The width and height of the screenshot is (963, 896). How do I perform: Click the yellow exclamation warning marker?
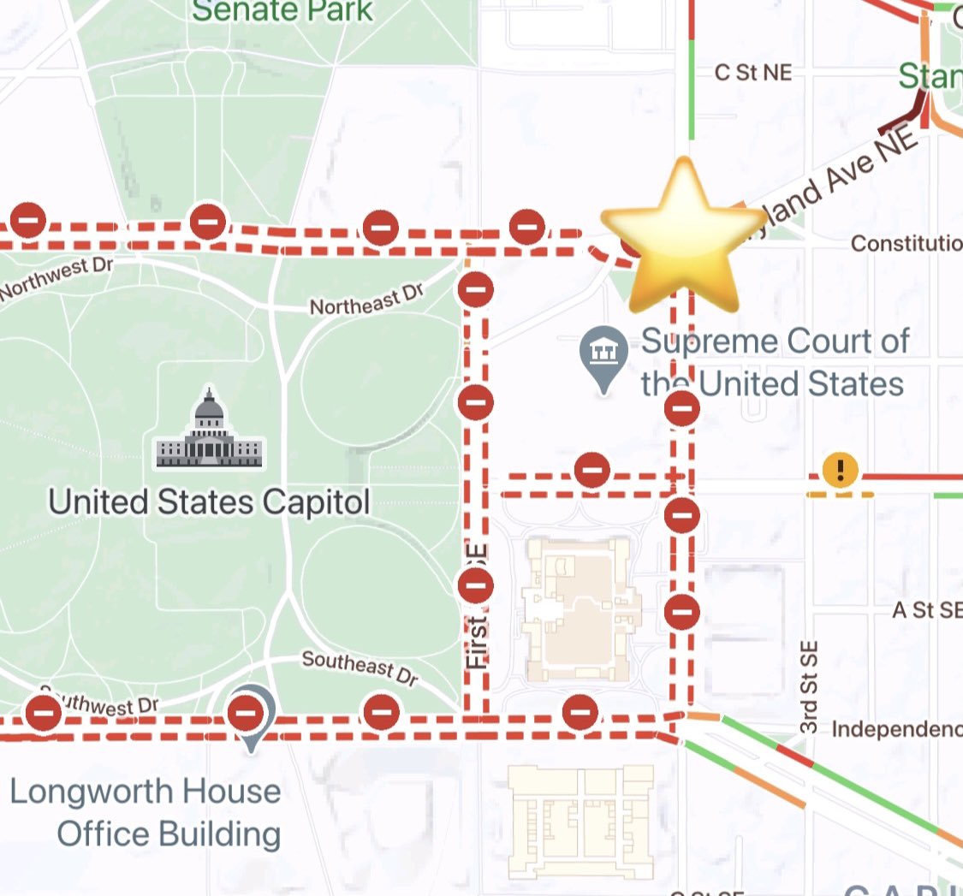coord(841,469)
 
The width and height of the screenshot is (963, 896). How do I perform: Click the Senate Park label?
coord(282,11)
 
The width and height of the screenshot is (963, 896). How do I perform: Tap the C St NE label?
coord(753,73)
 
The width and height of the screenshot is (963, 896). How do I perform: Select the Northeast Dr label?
coord(366,300)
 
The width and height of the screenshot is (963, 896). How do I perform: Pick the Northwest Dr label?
coord(56,277)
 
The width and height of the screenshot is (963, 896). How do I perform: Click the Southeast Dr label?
coord(360,668)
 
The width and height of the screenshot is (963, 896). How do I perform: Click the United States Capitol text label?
coord(209,501)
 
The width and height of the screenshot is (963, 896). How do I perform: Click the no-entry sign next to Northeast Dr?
coord(476,288)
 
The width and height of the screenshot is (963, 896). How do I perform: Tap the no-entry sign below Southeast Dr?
coord(382,712)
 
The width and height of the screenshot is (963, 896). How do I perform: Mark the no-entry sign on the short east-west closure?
coord(591,470)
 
